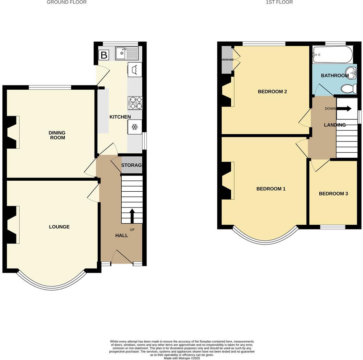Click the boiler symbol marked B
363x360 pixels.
(x=103, y=55)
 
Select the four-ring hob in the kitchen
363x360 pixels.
(x=135, y=103)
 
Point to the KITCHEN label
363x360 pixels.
(x=120, y=117)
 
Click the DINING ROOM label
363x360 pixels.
(x=57, y=135)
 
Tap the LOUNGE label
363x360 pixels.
(x=59, y=227)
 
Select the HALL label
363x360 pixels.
(x=122, y=235)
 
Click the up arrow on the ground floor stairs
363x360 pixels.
(x=132, y=216)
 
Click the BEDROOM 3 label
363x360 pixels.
(x=333, y=193)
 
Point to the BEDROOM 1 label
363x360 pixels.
(x=271, y=189)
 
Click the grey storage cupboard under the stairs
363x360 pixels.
(x=132, y=167)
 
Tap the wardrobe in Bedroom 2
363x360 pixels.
(x=227, y=60)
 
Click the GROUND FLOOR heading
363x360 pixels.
(x=66, y=2)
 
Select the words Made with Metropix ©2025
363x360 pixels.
(x=181, y=358)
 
